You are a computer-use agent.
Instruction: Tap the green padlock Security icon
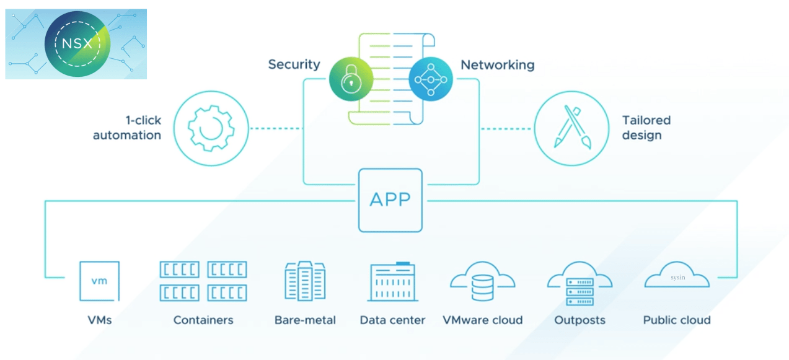(351, 79)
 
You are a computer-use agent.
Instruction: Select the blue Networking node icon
(431, 79)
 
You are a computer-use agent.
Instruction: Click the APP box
(390, 200)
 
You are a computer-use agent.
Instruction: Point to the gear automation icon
(211, 129)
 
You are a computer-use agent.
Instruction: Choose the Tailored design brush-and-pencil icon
(571, 129)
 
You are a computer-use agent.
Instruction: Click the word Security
(294, 64)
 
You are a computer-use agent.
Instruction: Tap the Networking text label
(497, 64)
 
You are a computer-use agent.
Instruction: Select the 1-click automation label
(127, 128)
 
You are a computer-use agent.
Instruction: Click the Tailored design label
(646, 128)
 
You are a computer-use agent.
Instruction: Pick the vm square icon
(99, 281)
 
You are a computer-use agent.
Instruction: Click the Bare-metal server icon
(304, 281)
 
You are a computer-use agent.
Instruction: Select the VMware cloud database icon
(482, 284)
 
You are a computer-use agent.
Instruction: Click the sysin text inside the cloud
(677, 278)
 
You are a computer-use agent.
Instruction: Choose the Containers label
(203, 320)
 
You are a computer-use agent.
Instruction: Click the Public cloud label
(677, 320)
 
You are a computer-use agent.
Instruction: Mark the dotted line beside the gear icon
(276, 129)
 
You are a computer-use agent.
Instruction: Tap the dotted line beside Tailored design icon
(506, 129)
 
